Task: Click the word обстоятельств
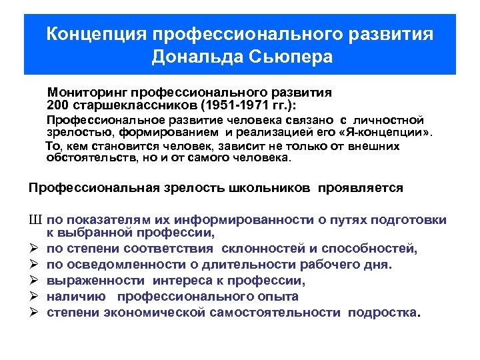(89, 158)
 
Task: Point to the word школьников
(267, 188)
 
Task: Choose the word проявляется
(361, 188)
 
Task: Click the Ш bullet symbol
(35, 221)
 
